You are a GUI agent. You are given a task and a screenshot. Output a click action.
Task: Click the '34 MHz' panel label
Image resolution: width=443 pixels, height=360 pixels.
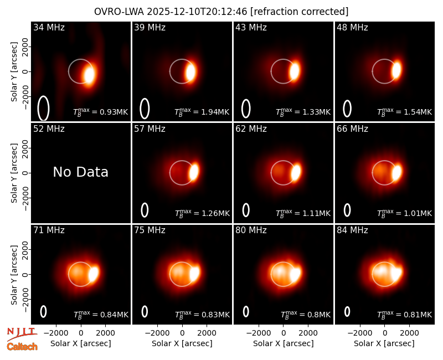tap(49, 27)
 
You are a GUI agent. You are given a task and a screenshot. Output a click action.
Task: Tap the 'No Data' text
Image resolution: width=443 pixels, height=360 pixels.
tap(80, 172)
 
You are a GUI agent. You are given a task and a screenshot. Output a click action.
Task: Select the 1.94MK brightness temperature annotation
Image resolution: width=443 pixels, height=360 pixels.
tap(202, 112)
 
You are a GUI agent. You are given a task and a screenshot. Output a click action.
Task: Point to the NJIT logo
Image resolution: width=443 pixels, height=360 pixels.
tap(22, 334)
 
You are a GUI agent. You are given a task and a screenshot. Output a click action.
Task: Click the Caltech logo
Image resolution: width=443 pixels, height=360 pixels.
tap(22, 347)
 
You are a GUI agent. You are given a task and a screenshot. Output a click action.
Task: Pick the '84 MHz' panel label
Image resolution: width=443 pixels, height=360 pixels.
tap(352, 230)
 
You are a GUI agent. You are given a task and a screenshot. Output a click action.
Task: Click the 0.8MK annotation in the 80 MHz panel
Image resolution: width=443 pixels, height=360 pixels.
tap(306, 315)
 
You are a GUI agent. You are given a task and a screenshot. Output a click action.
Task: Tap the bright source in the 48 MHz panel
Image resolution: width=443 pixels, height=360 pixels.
tap(396, 70)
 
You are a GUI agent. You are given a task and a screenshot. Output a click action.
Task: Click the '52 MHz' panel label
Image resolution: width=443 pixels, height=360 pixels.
tap(49, 129)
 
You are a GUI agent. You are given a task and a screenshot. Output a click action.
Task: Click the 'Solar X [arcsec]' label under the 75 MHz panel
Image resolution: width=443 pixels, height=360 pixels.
tap(182, 343)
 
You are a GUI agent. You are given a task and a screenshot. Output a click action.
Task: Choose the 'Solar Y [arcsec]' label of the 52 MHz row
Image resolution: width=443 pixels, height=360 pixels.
tap(14, 173)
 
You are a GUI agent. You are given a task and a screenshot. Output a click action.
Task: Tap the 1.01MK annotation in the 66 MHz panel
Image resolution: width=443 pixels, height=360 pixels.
tap(405, 213)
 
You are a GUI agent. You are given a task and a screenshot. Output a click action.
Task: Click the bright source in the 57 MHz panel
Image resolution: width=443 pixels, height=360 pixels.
tap(194, 172)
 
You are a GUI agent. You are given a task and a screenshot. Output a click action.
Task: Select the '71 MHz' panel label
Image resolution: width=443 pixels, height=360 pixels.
tap(49, 230)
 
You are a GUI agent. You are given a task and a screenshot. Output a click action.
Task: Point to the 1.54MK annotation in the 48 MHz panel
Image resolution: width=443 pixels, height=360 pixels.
tap(405, 112)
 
